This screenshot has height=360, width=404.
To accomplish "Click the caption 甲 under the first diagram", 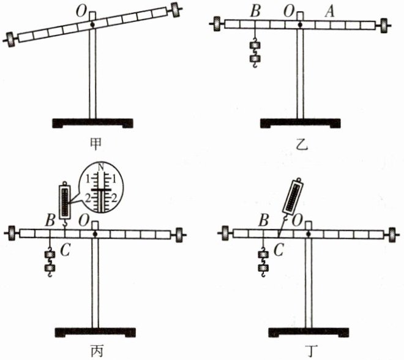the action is (x=94, y=144).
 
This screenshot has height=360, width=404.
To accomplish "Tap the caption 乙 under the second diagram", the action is (x=300, y=145).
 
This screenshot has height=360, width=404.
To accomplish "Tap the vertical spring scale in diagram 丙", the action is (x=65, y=201).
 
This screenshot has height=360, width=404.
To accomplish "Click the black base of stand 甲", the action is (x=93, y=122).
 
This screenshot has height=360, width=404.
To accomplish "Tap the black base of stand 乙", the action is (x=300, y=122).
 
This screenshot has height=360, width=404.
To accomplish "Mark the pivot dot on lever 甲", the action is (x=92, y=24).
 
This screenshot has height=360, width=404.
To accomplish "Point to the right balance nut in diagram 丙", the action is (x=178, y=234).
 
